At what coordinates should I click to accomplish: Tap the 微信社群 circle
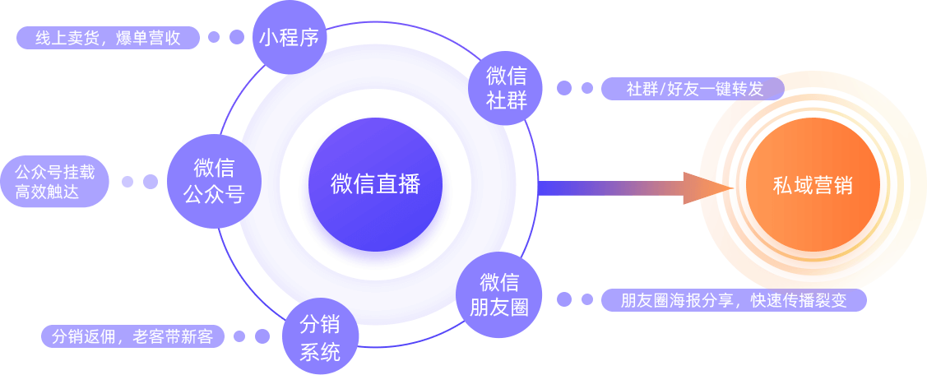point(508,88)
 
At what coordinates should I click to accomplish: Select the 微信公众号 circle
point(214,181)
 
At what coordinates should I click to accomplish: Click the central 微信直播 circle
point(375,185)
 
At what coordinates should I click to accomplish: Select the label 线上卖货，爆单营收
point(108,38)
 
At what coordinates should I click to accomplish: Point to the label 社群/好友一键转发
point(693,89)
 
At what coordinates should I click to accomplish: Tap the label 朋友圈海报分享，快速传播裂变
point(734,300)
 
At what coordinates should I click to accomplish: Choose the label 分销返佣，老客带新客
point(132,336)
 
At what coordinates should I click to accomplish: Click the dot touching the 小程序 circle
point(237,37)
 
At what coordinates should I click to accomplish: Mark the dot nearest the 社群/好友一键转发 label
point(586,88)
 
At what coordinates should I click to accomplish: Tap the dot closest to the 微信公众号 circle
point(150,182)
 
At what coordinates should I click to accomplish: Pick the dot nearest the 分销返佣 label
point(239,336)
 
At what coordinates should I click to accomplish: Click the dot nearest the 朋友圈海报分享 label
point(586,299)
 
